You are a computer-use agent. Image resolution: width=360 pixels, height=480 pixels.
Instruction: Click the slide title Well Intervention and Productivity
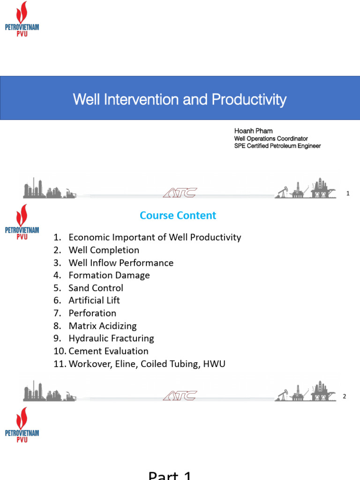click(x=180, y=99)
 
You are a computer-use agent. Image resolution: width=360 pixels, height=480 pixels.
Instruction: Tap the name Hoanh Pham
click(x=253, y=131)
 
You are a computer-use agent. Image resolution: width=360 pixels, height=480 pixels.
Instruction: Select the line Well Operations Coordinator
click(x=271, y=139)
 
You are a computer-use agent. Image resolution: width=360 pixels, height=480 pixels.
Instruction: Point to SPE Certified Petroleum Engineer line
click(x=277, y=146)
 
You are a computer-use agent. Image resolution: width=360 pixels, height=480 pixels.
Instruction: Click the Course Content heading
click(x=178, y=216)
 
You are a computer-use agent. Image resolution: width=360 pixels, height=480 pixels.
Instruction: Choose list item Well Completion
click(x=104, y=250)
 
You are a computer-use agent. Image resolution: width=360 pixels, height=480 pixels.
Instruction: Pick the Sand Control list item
click(x=96, y=288)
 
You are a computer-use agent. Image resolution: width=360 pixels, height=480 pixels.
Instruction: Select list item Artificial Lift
click(x=94, y=300)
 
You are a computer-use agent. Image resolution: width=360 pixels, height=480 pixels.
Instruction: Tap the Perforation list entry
click(x=92, y=313)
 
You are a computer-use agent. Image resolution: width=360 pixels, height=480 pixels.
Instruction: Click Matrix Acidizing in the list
click(x=103, y=326)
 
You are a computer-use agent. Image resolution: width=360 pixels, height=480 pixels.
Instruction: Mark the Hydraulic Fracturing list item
click(x=111, y=338)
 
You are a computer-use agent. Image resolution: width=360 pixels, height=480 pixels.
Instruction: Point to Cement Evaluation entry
click(x=108, y=351)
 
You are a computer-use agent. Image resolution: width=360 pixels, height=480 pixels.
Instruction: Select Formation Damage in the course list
click(x=109, y=275)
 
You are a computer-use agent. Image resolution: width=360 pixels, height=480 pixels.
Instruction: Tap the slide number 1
click(x=348, y=193)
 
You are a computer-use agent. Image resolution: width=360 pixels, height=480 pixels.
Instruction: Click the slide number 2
click(x=345, y=397)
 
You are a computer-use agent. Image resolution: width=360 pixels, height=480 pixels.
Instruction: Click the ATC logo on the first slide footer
click(x=180, y=193)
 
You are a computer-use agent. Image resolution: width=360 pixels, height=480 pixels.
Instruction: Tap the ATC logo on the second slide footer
click(x=180, y=396)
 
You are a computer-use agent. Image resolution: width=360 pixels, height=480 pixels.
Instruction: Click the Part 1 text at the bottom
click(x=170, y=475)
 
